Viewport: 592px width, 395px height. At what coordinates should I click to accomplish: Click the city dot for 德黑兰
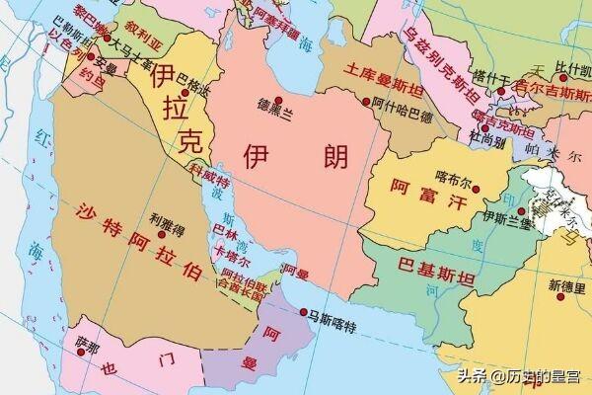280,101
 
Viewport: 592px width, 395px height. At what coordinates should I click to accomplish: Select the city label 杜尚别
487,140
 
